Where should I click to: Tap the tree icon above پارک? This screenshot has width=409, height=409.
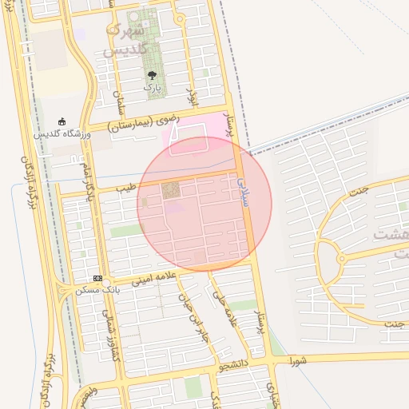pos(152,76)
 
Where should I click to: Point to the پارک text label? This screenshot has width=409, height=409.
pos(152,87)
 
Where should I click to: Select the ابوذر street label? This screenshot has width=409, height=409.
pos(190,89)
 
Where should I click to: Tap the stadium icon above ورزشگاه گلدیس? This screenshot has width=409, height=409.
pos(62,121)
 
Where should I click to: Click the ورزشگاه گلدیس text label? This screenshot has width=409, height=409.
pos(62,133)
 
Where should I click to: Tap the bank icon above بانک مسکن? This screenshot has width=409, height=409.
pos(97,278)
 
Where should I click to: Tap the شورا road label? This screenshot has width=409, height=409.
pos(299,359)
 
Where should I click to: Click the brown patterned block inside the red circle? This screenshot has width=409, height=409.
pos(171,191)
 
